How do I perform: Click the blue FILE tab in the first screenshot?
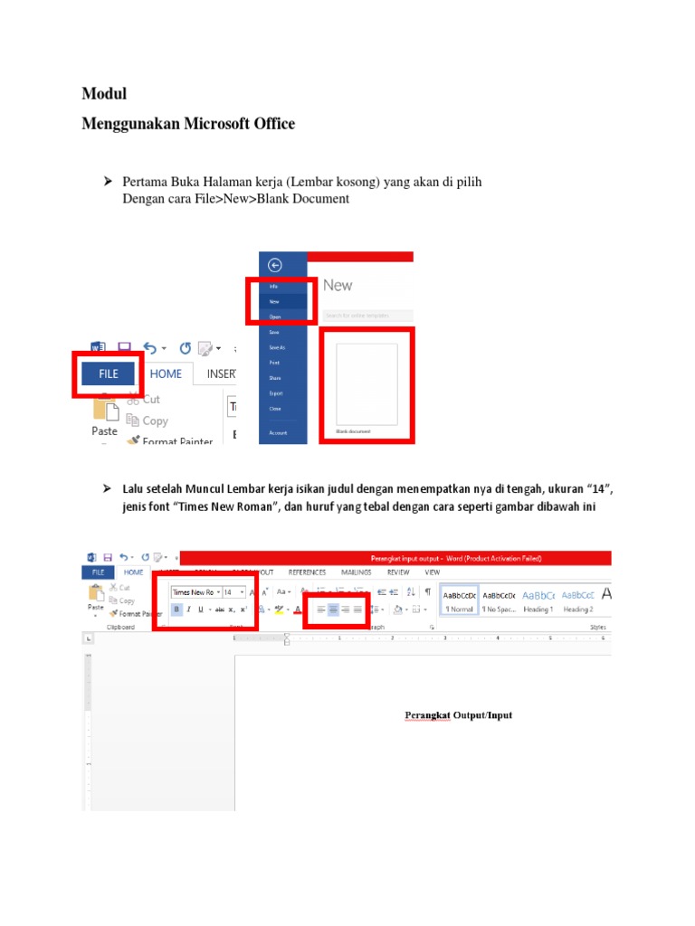point(109,373)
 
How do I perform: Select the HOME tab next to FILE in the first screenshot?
point(166,373)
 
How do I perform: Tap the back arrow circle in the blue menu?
point(274,265)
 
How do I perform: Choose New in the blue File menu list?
point(274,301)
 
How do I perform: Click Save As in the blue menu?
point(276,347)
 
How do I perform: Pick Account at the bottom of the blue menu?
point(278,433)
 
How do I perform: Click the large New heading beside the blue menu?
point(338,285)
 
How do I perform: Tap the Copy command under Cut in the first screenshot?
point(155,420)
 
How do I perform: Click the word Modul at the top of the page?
point(104,94)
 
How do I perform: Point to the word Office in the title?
point(273,124)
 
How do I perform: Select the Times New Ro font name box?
point(193,592)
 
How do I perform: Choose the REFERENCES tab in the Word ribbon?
point(307,572)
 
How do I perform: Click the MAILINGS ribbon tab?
point(357,572)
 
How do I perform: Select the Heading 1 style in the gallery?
point(538,609)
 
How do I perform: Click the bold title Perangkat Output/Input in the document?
point(458,715)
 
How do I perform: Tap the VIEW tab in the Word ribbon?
point(433,572)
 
